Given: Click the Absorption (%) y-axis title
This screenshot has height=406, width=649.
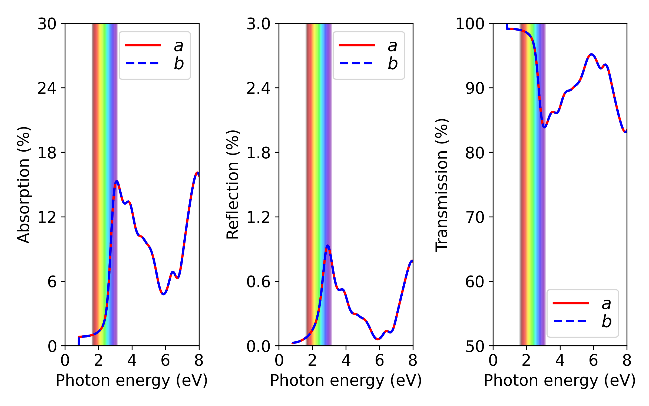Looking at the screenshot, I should pos(24,185).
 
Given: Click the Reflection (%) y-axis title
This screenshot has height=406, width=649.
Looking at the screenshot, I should pos(233,185).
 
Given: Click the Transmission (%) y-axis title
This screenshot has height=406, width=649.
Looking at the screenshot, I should pos(442,185).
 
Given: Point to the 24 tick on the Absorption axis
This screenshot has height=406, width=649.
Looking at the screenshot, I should pos(47,88).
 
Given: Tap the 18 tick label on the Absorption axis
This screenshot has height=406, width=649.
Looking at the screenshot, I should pos(47,152).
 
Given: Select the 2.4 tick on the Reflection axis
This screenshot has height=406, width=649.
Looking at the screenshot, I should pos(258,88).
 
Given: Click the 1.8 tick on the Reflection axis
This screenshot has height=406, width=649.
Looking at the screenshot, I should pos(258,152).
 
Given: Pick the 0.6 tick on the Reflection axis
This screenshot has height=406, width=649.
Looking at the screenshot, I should pos(258,281).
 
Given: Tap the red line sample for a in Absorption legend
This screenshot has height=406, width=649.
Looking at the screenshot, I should pos(143,45).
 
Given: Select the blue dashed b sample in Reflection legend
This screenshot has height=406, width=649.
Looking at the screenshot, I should pos(356,63).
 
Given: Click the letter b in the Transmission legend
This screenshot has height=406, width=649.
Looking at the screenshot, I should pos(607,321).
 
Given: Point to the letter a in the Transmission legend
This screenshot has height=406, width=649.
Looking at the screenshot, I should pos(607,304).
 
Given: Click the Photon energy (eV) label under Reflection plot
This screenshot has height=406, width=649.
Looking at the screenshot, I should pos(346,380).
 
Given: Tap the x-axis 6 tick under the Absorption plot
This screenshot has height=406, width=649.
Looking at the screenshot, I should pos(165,361).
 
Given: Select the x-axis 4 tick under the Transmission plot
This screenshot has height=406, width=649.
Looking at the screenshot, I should pos(560,361).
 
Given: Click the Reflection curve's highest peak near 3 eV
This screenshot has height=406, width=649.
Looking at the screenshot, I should pos(328,246).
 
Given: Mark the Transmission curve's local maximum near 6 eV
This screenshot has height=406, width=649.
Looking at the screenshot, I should pos(592,55).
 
